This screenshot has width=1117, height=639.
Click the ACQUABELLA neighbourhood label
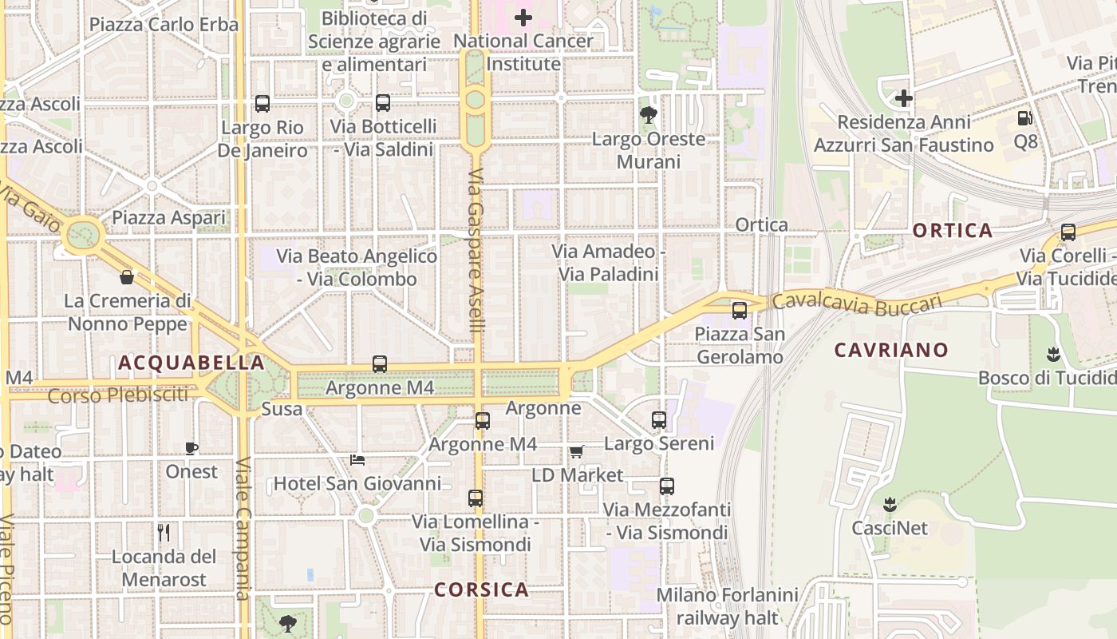[191, 363]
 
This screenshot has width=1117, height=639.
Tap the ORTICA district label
[953, 231]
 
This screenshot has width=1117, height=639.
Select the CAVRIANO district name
[891, 350]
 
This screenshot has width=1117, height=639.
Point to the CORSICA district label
[481, 589]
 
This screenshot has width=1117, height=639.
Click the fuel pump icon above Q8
[1024, 118]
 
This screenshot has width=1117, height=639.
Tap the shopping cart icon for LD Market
[577, 452]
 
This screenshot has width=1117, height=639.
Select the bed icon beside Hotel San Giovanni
[357, 460]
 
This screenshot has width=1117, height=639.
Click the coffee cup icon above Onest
[191, 448]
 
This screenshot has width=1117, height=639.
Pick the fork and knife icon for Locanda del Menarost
[164, 533]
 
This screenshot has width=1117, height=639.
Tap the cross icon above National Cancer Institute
[523, 17]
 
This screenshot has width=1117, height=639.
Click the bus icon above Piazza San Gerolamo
[740, 311]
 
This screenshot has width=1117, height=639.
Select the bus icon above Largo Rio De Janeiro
[262, 104]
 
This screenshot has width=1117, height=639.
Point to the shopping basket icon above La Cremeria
[126, 277]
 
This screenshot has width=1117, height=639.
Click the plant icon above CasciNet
[890, 505]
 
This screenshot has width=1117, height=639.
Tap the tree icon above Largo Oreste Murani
[649, 115]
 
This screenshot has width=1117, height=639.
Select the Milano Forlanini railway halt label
[727, 606]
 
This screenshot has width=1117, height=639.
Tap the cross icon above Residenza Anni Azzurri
[904, 98]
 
